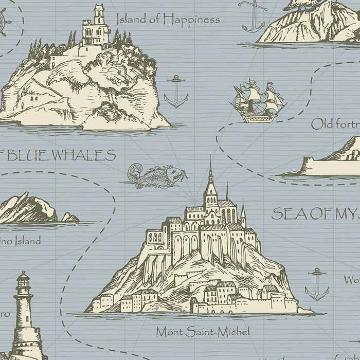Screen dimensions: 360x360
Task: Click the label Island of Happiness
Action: point(168,20)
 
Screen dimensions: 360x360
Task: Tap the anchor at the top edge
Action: point(254,15)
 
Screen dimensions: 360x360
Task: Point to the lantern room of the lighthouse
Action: point(23,282)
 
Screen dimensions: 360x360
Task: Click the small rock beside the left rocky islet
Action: point(70,218)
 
